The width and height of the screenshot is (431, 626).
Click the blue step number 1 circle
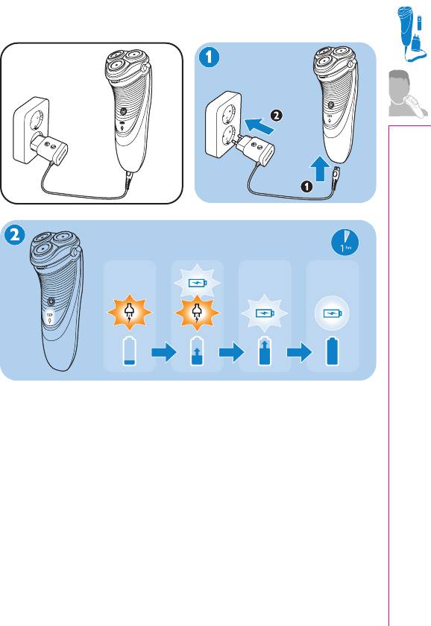pos(209,57)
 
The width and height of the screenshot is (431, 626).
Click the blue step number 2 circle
pos(15,234)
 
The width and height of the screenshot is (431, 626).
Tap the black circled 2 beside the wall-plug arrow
pos(277,116)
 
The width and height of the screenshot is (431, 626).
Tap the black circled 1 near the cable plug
pos(306,187)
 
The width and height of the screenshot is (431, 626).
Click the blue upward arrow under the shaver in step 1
pos(320,169)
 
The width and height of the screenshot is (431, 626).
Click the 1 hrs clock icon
pos(345,242)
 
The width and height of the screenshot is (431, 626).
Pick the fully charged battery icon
pos(333,351)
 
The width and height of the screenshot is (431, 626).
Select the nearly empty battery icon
pos(130,351)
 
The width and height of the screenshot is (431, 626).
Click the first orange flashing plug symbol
pos(129,313)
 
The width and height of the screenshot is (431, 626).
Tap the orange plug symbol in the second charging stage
pos(197,313)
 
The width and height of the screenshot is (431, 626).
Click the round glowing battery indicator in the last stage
pos(332,313)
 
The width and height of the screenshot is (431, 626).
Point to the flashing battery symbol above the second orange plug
pos(197,283)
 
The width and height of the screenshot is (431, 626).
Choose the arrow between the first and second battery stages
pos(163,352)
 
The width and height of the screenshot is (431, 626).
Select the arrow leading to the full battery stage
pos(299,352)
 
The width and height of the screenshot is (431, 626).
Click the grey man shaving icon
pos(408,93)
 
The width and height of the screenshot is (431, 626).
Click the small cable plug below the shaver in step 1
pos(336,174)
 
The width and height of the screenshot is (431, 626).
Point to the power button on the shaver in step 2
pos(51,301)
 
